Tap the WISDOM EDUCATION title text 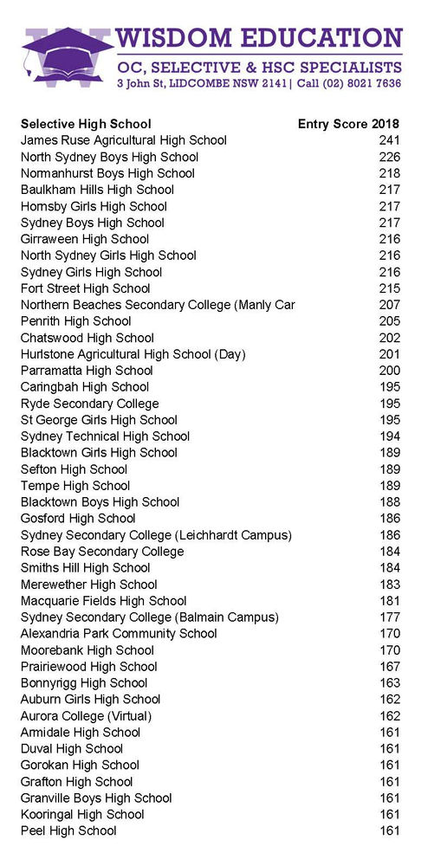(x=260, y=38)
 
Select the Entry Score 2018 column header (x=348, y=124)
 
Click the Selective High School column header (x=86, y=124)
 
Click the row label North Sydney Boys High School (x=109, y=157)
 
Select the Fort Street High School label (x=85, y=288)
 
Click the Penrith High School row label (x=75, y=321)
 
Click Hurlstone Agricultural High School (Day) (x=133, y=354)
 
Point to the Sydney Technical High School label (x=105, y=436)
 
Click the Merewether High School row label (x=88, y=585)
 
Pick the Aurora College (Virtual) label (x=86, y=716)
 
